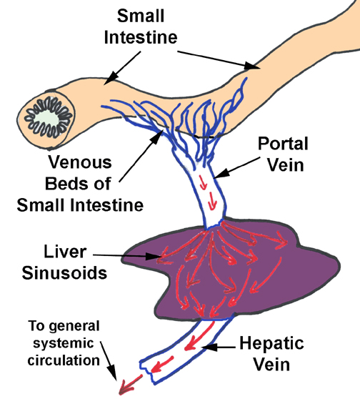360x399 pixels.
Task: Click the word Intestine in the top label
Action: click(x=141, y=37)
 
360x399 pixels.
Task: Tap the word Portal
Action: click(x=283, y=144)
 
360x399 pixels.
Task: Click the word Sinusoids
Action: click(x=64, y=273)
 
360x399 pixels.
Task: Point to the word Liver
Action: click(x=65, y=252)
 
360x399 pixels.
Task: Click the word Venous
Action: click(x=80, y=162)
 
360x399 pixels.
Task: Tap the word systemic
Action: click(x=64, y=343)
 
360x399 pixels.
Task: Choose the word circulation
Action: click(x=64, y=360)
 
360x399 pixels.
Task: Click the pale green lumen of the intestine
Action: click(x=48, y=119)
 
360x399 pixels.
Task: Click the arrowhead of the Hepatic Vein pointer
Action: click(x=209, y=347)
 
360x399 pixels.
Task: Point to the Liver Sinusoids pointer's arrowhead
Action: click(x=152, y=256)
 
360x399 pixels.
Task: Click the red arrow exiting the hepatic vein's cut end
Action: click(x=130, y=384)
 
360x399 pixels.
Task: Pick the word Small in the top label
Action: click(x=141, y=16)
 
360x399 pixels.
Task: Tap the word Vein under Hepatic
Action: click(x=271, y=365)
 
